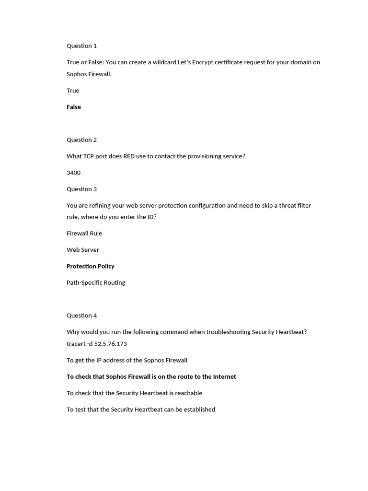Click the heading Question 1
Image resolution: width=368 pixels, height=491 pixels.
click(x=81, y=46)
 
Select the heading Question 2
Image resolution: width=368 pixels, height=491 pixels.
click(x=81, y=140)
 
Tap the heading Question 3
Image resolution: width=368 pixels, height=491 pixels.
click(x=81, y=189)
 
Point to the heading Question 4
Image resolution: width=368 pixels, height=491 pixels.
click(x=81, y=316)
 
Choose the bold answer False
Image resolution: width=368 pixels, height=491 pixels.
click(x=74, y=107)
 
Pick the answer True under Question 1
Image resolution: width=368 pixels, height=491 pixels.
click(x=73, y=91)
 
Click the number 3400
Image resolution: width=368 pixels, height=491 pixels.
click(x=73, y=173)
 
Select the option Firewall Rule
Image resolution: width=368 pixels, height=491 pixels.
click(x=84, y=234)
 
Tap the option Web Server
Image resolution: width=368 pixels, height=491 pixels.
click(x=83, y=250)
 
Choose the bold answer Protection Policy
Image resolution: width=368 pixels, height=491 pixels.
click(x=91, y=266)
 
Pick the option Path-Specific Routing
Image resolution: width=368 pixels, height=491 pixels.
click(x=96, y=283)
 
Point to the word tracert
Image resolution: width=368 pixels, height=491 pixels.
click(x=76, y=344)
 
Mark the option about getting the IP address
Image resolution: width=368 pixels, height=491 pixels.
click(x=127, y=361)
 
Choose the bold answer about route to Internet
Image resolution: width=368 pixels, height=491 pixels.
click(x=151, y=377)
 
